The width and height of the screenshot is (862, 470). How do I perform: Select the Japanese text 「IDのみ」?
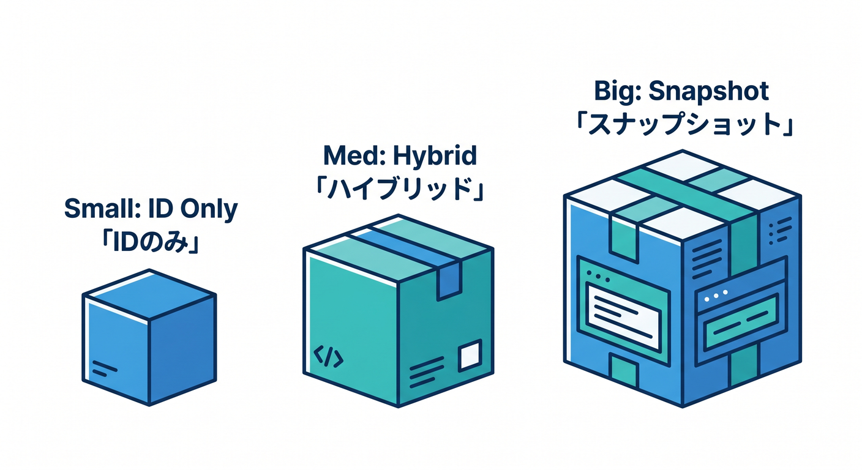coord(151,243)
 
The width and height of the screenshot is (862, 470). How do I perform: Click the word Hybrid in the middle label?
coord(435,157)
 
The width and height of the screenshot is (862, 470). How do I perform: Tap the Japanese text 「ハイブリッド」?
coord(399,188)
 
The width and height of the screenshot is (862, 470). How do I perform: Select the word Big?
coord(617,92)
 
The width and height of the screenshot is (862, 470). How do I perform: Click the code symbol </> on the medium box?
coord(328,357)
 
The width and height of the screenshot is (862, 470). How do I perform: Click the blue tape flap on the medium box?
coord(449,281)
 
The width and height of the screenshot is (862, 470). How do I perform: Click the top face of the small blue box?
coord(149,294)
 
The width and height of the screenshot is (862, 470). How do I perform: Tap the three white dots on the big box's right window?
coord(716,296)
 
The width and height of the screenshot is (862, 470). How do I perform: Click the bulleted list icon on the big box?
coord(780,230)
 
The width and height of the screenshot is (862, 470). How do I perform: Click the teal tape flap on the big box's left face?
coord(624,242)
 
